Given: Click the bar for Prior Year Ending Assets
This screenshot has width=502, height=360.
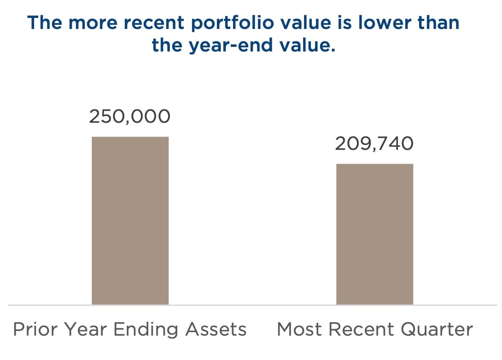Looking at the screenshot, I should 130,221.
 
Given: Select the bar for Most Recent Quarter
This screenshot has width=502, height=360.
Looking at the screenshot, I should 374,234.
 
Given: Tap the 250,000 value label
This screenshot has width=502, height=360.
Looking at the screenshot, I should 129,116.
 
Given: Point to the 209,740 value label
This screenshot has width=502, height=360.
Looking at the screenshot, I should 374,143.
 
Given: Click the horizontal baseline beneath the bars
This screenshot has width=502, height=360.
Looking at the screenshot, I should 252,305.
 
